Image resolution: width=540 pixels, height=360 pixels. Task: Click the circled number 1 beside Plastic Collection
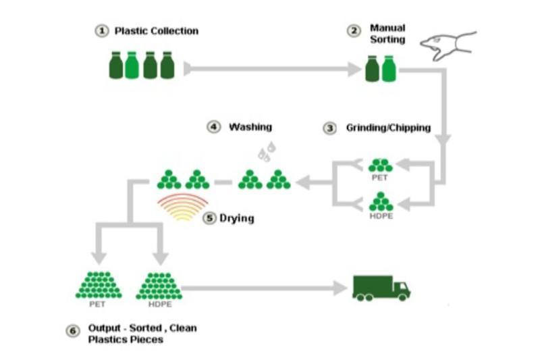[x=101, y=31]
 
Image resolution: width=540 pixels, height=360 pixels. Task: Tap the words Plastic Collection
[x=157, y=31]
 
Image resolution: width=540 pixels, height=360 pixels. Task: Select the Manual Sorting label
[x=387, y=34]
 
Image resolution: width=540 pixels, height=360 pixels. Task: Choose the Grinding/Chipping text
[x=388, y=128]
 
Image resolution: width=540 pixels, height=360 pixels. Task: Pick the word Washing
[x=250, y=126]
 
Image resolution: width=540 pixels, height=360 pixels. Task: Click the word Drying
[x=237, y=219]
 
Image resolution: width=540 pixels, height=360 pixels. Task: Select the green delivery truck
[x=381, y=287]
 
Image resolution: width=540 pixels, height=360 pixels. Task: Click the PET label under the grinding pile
[x=380, y=178]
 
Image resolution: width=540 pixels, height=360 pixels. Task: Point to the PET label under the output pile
[x=97, y=304]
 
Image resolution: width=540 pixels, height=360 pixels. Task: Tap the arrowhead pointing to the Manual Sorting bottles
[x=356, y=68]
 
